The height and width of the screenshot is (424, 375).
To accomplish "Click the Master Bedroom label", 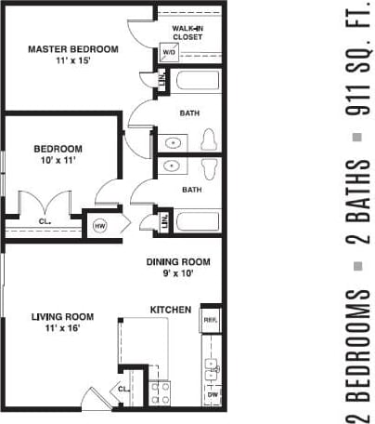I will [x=73, y=55].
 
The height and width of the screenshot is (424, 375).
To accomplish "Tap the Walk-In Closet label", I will [x=188, y=34].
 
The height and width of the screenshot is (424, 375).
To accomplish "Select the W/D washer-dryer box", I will [x=170, y=53].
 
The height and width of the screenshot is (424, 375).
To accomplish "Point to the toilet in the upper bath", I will [x=209, y=139].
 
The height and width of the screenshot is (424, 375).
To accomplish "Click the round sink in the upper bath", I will [x=174, y=143].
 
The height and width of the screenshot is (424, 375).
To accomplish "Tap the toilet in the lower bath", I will [x=209, y=169].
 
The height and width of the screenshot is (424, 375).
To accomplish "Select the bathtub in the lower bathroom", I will [x=199, y=223].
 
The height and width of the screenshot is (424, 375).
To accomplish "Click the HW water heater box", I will [x=98, y=224].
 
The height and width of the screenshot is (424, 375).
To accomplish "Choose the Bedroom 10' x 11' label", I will [x=58, y=154].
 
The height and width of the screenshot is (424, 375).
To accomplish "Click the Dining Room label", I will [x=178, y=268].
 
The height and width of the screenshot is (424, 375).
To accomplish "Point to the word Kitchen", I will [x=171, y=309].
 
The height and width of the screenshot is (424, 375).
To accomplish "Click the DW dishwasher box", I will [x=212, y=395].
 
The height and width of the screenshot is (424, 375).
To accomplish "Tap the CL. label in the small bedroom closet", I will [x=45, y=221].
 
